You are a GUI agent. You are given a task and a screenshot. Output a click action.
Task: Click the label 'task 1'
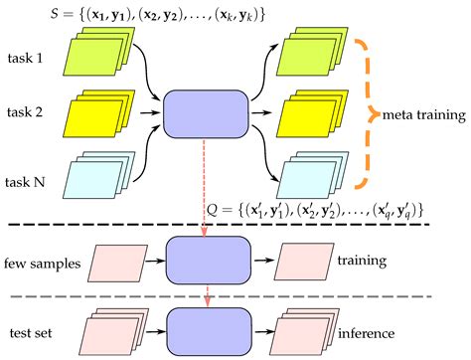pyautogui.click(x=25, y=58)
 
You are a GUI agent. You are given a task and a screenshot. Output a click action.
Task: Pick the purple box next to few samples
pyautogui.click(x=205, y=260)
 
